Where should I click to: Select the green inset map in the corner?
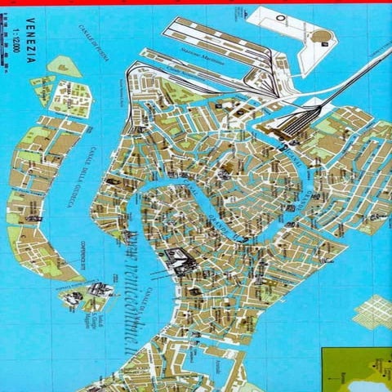click(356, 369)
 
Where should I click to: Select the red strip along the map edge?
click(196, 2)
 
